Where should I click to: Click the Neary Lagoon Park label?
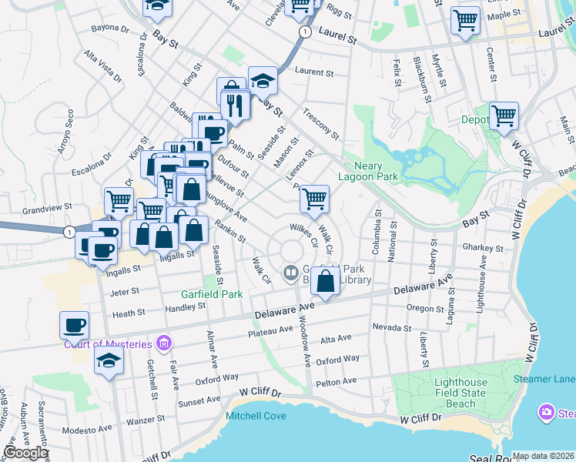click(377, 171)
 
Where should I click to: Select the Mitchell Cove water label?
click(256, 416)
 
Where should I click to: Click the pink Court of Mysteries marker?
click(162, 343)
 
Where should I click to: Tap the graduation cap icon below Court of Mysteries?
click(109, 360)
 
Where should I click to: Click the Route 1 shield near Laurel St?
click(306, 32)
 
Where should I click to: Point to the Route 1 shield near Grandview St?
click(69, 231)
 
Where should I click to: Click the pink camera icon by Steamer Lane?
click(547, 413)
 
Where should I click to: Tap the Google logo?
click(26, 453)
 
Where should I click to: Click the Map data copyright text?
click(543, 456)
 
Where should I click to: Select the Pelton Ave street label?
click(336, 381)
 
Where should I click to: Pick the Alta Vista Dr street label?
click(103, 67)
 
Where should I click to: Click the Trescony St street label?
click(321, 122)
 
